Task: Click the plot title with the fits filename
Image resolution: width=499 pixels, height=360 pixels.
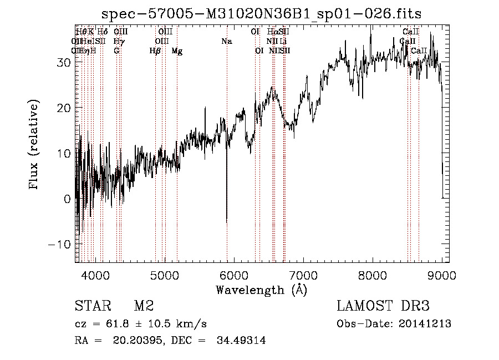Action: tap(262, 14)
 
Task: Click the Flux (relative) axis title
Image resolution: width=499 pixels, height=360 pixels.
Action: tap(34, 145)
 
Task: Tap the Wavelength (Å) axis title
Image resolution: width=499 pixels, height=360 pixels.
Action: tap(261, 290)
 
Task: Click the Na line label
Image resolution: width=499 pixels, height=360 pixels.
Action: tap(226, 42)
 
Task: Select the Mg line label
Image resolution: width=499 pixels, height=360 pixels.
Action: tap(177, 51)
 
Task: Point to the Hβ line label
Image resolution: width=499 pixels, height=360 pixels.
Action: tap(155, 51)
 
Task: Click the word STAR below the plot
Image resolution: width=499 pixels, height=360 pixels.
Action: tap(91, 306)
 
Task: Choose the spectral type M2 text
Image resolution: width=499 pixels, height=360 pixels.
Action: tap(143, 306)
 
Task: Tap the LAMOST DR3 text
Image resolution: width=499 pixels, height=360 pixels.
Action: tap(383, 306)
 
